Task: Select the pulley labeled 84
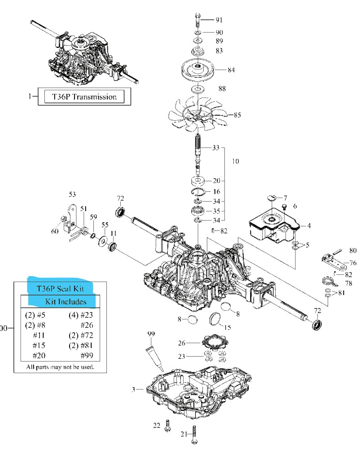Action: [198, 70]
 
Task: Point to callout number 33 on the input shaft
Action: [216, 148]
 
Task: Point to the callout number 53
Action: [73, 194]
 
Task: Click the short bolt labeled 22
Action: [167, 425]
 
